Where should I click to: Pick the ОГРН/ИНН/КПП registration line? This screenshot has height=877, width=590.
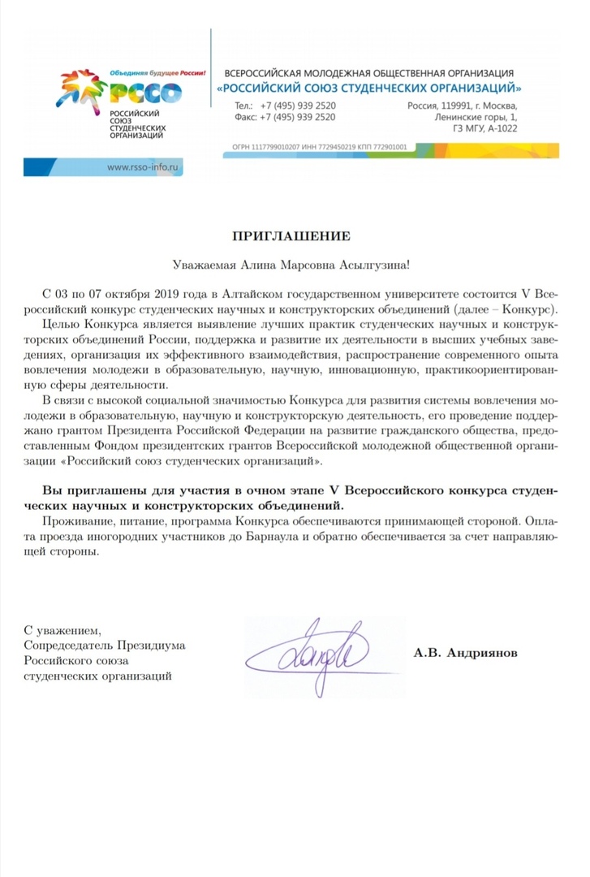tap(319, 148)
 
